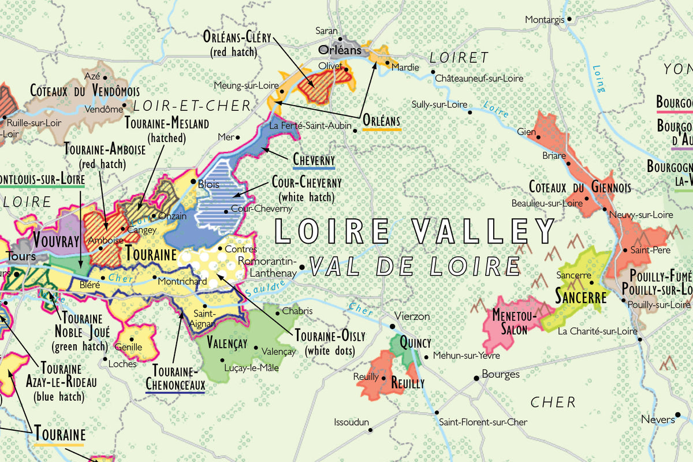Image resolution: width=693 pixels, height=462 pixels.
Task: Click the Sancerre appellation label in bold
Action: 580,297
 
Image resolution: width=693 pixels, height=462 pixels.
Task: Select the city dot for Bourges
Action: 476,378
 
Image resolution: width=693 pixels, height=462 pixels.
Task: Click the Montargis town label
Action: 544,20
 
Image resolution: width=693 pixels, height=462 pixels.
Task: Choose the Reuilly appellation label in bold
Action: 408,383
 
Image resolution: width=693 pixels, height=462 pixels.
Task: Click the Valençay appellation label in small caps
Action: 227,344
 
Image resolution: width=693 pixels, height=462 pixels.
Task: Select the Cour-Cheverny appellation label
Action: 306,183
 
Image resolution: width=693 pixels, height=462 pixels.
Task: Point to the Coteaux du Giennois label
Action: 580,188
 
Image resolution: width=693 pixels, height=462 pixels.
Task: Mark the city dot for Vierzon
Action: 392,326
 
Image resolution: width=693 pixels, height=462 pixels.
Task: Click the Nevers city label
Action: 657,419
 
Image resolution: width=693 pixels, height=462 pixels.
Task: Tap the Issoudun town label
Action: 351,423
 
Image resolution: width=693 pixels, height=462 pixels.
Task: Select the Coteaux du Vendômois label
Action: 85,91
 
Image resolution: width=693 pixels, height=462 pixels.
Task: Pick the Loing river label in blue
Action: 598,79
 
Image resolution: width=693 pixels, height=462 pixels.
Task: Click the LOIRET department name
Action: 459,58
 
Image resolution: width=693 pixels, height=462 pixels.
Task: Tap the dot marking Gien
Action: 538,137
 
